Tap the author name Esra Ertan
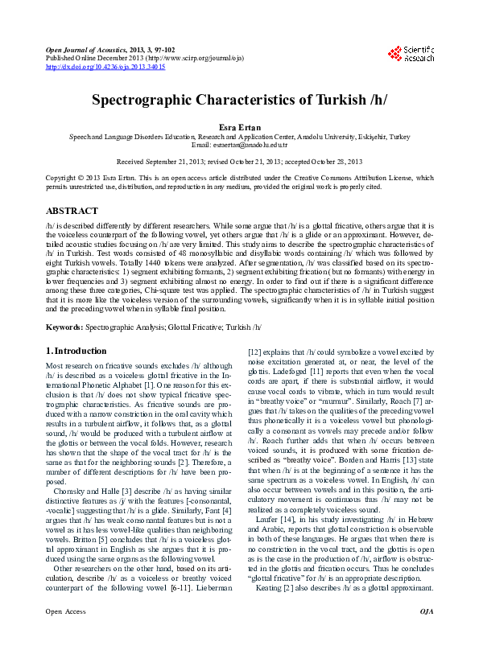[239, 127]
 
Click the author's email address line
[239, 145]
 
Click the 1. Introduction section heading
[76, 351]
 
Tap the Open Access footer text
[65, 635]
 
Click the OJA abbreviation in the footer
[426, 635]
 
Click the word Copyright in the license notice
[64, 178]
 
